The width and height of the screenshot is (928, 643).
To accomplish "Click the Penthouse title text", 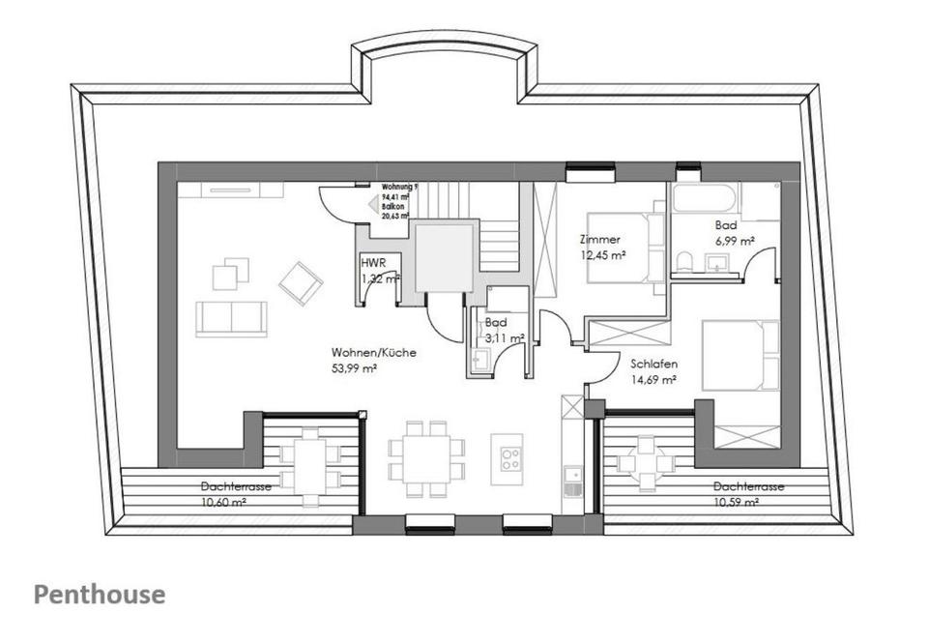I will (x=100, y=594).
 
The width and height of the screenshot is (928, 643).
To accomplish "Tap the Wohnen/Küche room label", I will (x=374, y=353).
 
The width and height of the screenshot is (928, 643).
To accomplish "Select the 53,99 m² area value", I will (x=354, y=368).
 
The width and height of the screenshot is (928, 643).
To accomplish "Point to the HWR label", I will (x=372, y=262).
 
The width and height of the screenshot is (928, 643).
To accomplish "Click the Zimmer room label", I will (x=599, y=239).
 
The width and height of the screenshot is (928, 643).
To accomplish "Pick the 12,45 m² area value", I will (x=603, y=255).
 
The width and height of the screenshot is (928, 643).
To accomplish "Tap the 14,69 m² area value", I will (x=652, y=380).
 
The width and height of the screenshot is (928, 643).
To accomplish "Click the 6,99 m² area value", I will (x=734, y=241).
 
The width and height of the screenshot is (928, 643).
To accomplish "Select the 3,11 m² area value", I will (x=505, y=337).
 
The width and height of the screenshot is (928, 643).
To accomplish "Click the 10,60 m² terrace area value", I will (x=224, y=501).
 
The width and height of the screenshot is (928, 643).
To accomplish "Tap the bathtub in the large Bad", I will (x=706, y=200).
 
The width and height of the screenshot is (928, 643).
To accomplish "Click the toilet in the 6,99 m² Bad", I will (x=684, y=260).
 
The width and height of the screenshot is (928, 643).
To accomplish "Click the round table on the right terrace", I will (x=647, y=462).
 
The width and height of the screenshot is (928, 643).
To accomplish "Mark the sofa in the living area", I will (x=231, y=318).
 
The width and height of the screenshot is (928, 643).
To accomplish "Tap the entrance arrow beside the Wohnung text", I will (x=372, y=203).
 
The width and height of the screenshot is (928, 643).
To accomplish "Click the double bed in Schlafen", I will (x=740, y=355).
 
